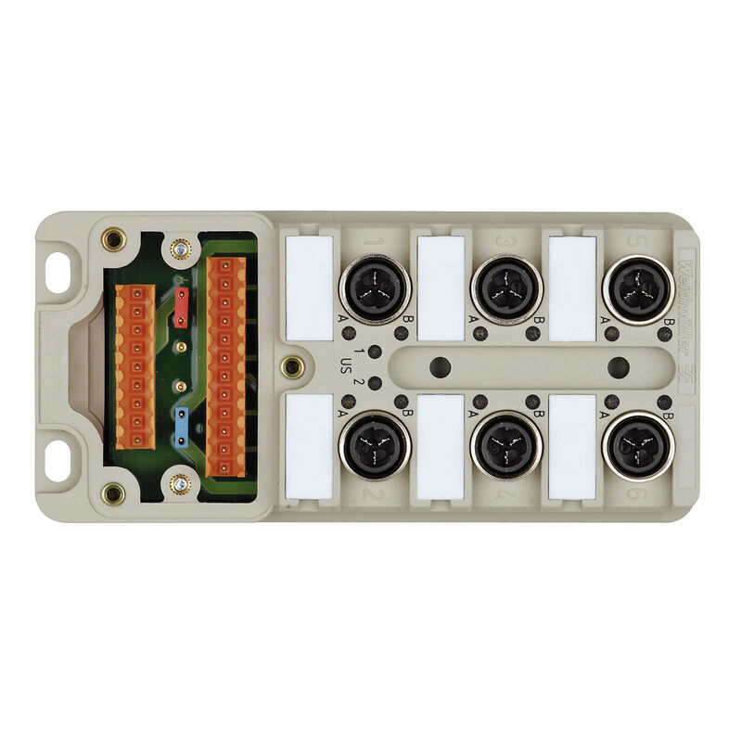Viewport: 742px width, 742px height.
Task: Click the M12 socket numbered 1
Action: tap(375, 288)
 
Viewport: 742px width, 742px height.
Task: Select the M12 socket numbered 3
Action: tap(506, 288)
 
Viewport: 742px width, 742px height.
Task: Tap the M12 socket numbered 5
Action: tap(638, 288)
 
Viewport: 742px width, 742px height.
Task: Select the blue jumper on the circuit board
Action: tap(182, 423)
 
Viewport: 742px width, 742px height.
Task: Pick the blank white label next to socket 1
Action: tap(309, 288)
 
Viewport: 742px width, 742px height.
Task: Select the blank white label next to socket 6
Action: tap(572, 446)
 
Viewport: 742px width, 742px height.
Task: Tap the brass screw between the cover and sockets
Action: tap(291, 366)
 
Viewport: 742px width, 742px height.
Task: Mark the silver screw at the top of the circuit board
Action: tap(180, 249)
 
